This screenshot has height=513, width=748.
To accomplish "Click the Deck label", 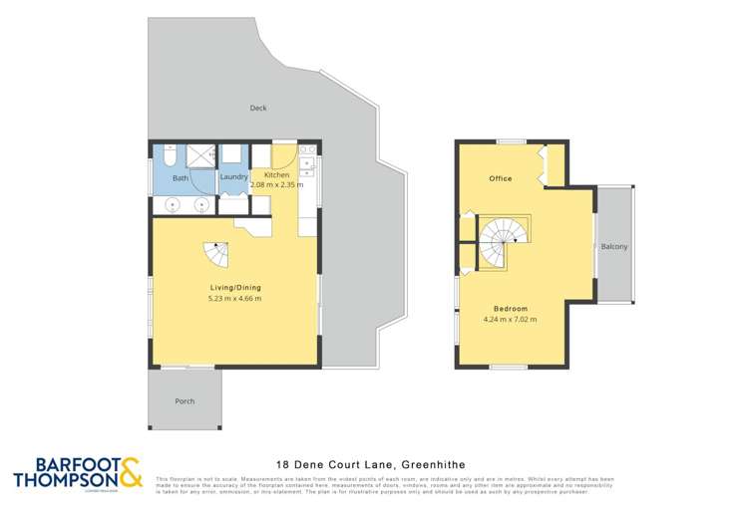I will (x=258, y=108).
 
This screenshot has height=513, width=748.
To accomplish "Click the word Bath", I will (x=181, y=178).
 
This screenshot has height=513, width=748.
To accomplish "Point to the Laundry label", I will (x=233, y=177).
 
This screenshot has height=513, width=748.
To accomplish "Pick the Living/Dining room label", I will (x=235, y=287).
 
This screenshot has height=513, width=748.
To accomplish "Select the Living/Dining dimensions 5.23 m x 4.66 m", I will (x=235, y=299).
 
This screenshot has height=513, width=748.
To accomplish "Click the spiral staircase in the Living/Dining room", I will (x=214, y=254).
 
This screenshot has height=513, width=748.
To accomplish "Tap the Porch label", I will (x=185, y=401).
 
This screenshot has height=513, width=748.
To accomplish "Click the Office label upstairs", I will (x=500, y=178).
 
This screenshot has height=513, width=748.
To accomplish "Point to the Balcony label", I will (x=614, y=247).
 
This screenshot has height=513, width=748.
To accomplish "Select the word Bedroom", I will (x=509, y=309).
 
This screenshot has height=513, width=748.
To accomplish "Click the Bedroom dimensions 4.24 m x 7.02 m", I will (x=509, y=320).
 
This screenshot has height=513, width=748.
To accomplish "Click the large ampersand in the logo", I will (x=131, y=473).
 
